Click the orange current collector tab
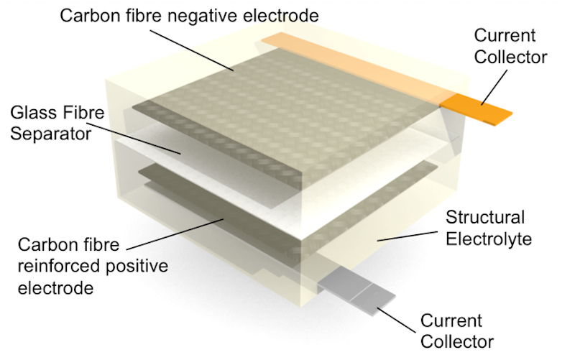point(476,109)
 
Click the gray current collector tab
point(356,290)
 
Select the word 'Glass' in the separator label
point(32,112)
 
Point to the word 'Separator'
point(50,134)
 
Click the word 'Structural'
point(485,217)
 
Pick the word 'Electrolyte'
point(489,239)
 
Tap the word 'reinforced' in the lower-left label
point(59,266)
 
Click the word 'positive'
point(137,267)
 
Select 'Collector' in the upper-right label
point(510,57)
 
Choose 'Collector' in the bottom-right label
point(457,341)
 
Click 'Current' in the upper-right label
point(505,35)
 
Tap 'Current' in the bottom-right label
point(451,320)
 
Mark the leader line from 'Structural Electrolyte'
point(408,236)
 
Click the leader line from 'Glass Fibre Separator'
point(134,138)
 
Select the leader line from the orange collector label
point(494,87)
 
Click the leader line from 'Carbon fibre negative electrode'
point(192,50)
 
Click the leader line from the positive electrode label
point(175,234)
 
